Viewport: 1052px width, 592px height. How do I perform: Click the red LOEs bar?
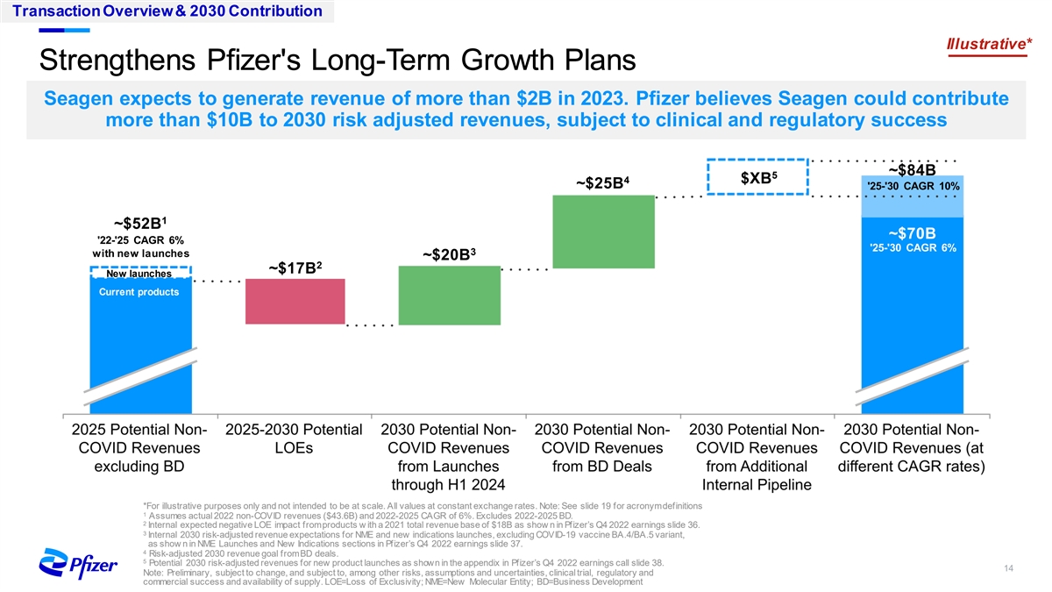295,301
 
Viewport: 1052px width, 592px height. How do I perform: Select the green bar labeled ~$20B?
450,295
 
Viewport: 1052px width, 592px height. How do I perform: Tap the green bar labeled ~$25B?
603,231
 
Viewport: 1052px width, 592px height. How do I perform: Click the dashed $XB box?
757,180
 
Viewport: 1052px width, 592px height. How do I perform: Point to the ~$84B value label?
913,169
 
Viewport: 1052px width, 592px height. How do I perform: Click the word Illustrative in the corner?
986,43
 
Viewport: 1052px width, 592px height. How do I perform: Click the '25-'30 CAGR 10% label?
913,187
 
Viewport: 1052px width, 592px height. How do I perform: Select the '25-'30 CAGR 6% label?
913,247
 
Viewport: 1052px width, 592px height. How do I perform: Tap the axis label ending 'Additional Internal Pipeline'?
757,458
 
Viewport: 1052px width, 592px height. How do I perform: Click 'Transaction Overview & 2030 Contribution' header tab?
161,11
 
